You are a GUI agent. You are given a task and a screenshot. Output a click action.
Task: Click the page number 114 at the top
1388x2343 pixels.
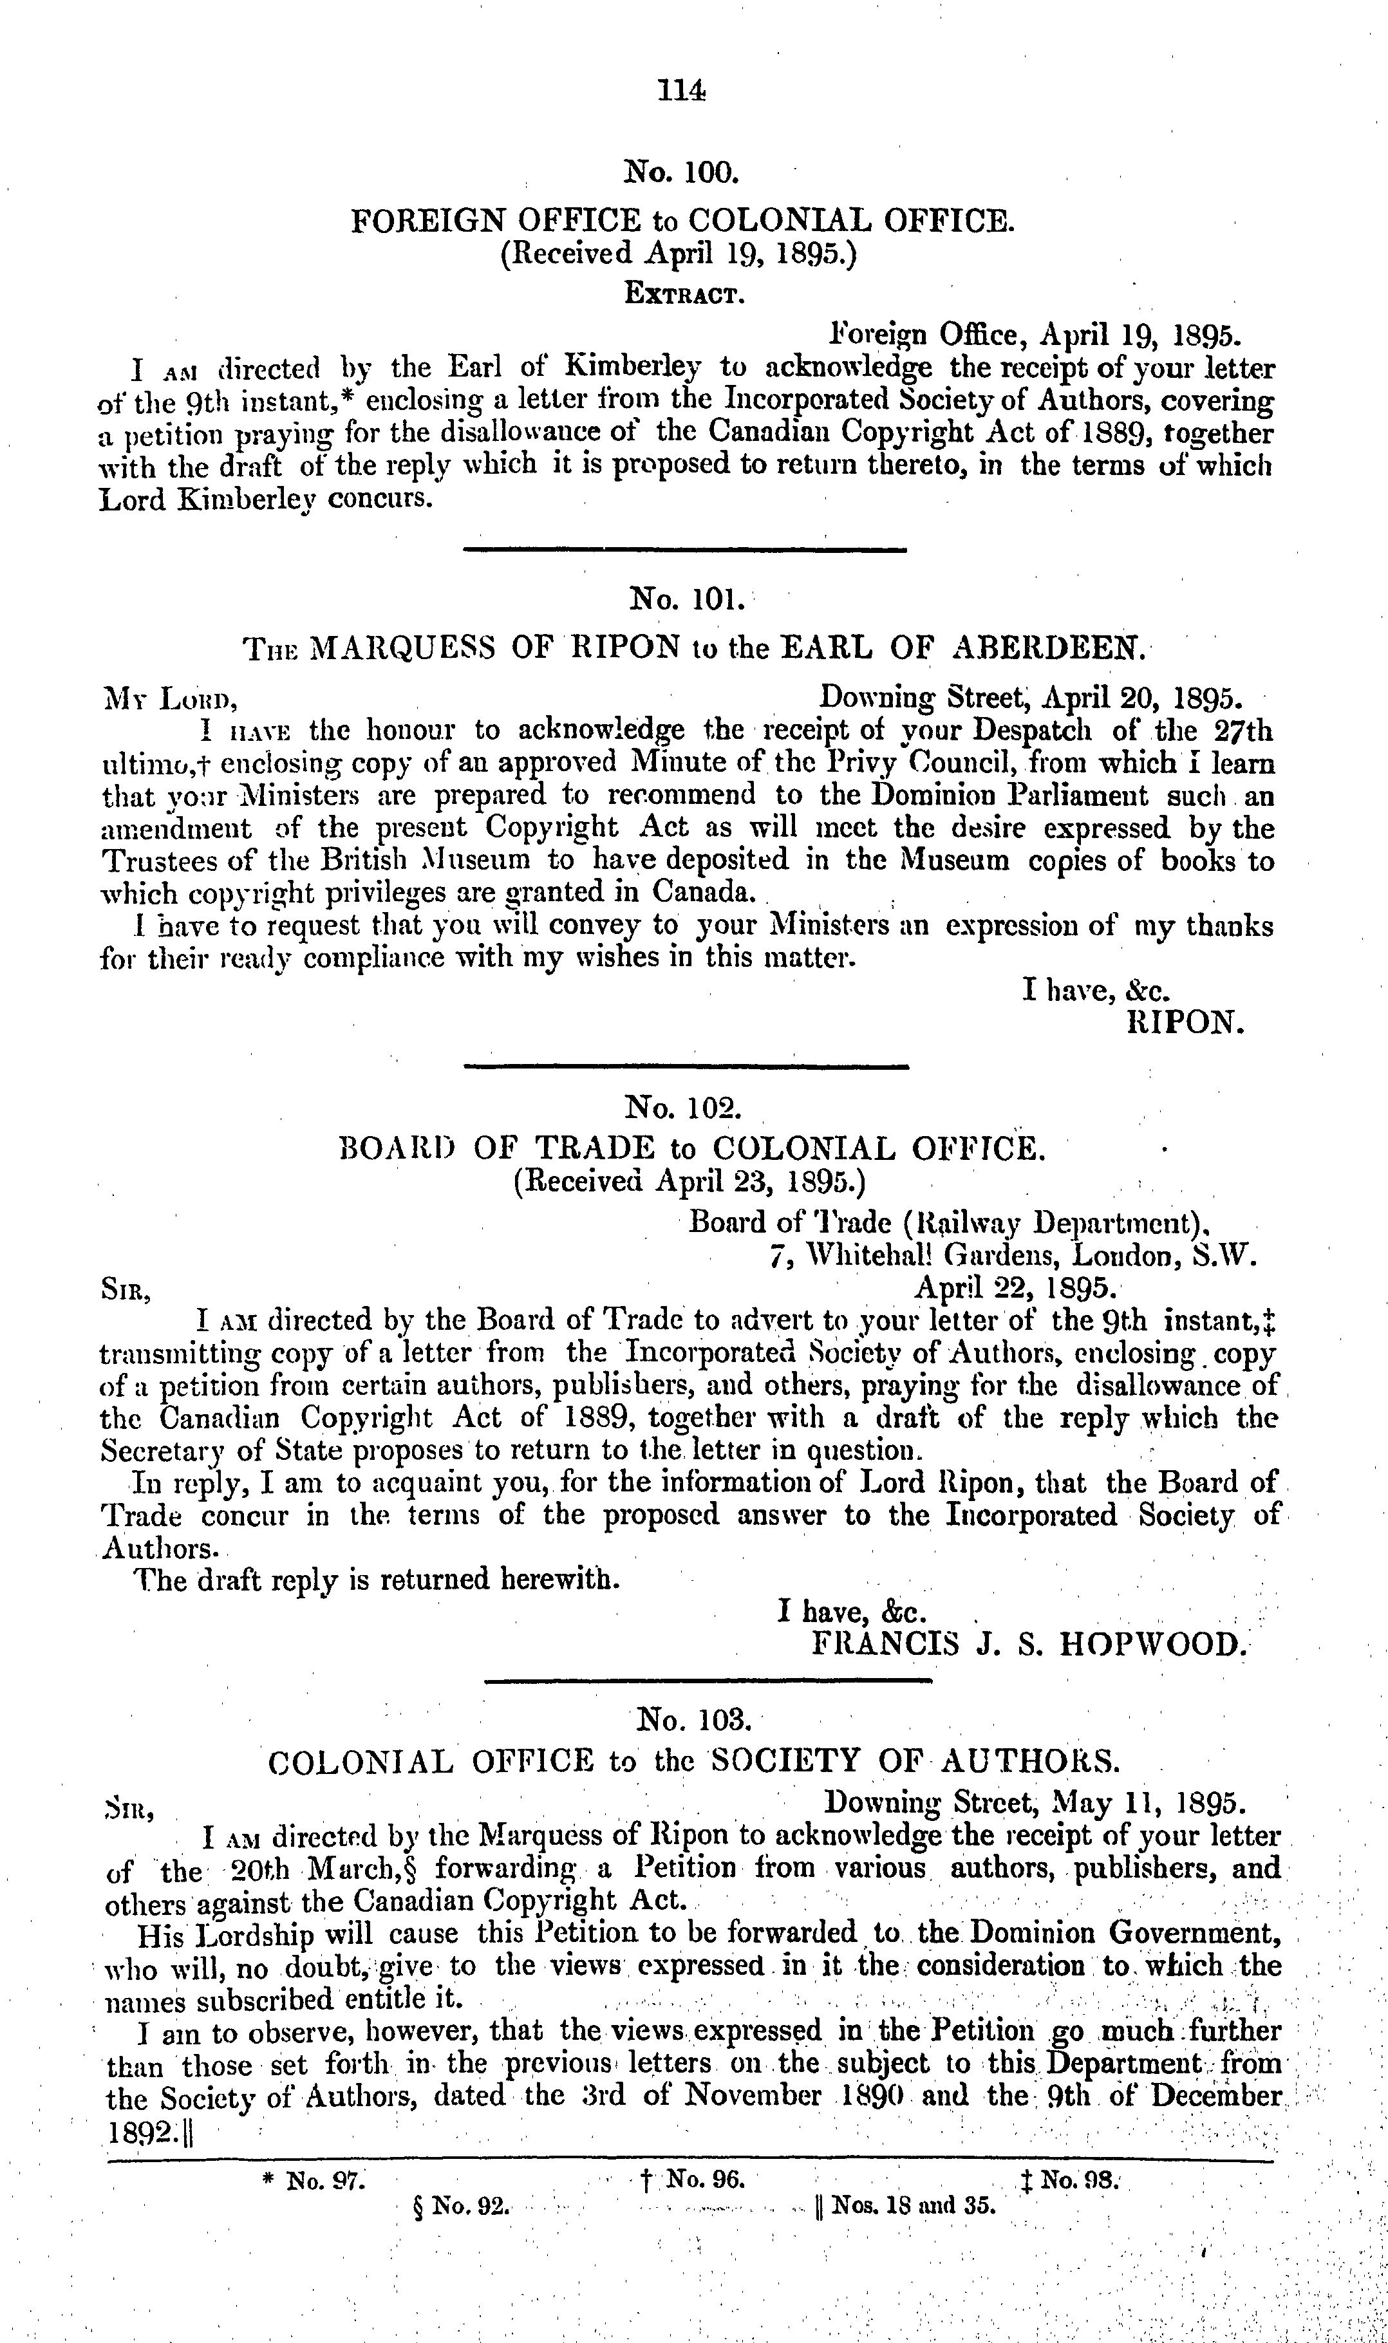pos(681,91)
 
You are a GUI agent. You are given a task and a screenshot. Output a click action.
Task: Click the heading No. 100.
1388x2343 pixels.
pos(681,172)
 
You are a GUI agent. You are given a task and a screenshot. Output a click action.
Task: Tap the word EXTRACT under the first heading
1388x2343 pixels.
pos(684,295)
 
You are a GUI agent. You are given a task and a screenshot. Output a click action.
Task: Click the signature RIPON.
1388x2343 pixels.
pos(1186,1022)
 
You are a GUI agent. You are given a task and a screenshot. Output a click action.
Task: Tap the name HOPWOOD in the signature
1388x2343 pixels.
pos(1152,1645)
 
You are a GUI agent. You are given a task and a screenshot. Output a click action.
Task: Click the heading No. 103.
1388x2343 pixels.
pos(692,1719)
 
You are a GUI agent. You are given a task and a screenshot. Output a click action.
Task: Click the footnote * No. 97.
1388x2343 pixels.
pos(314,2181)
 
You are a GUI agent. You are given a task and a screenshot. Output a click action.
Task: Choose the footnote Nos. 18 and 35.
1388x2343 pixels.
pos(905,2207)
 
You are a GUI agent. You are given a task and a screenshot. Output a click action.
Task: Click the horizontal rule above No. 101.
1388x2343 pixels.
pos(684,550)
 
